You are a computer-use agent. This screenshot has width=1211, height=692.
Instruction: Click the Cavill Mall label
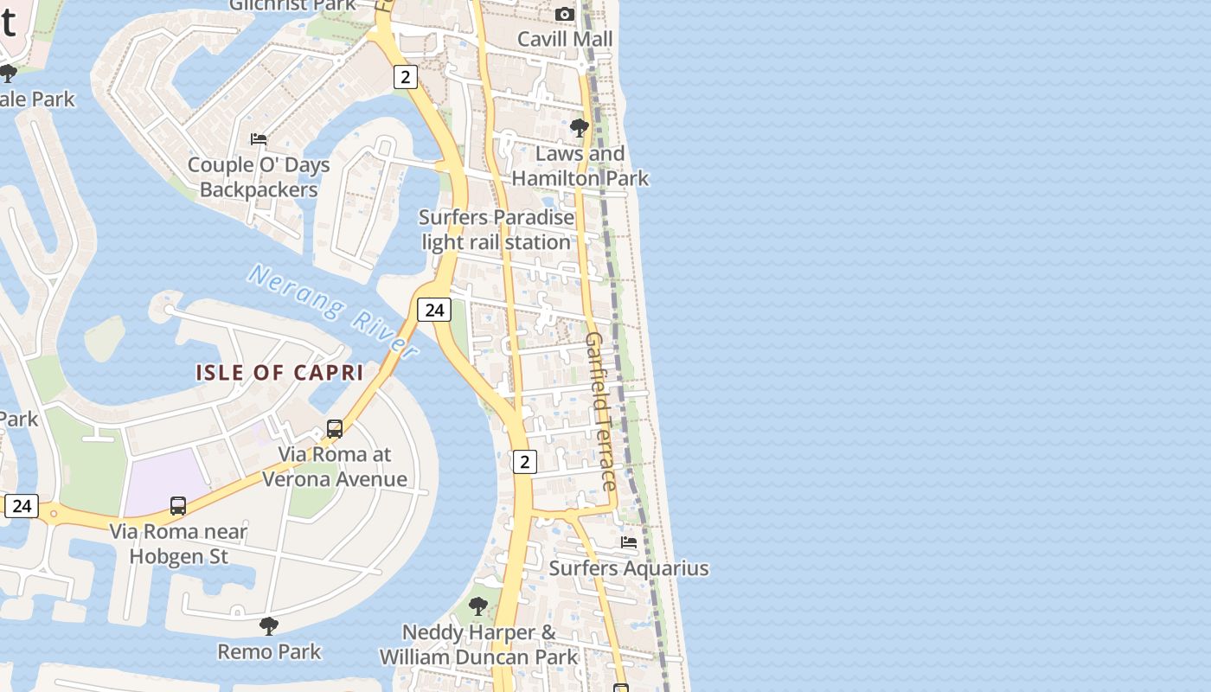coord(565,39)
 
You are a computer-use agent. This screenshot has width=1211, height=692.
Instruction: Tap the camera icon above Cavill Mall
coord(565,14)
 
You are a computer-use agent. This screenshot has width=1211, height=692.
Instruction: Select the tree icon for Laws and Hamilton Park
coord(580,128)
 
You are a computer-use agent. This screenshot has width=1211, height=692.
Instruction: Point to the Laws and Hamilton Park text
coord(580,166)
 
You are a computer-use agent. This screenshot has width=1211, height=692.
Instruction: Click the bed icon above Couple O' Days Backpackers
coord(259,138)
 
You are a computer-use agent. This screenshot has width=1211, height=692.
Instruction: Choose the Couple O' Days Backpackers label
coord(259,177)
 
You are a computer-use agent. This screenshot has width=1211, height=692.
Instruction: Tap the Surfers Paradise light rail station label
coord(497,230)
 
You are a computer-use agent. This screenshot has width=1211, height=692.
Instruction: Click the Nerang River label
coord(334,310)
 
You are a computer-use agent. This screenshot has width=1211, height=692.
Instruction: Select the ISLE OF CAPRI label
coord(279,373)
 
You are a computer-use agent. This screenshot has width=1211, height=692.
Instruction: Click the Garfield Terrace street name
coord(601,411)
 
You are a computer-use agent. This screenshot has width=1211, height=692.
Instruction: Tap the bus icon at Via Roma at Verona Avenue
coord(335,428)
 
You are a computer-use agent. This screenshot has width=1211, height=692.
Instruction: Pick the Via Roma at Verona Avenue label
coord(335,467)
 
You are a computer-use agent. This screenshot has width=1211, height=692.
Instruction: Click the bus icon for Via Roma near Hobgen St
coord(178,505)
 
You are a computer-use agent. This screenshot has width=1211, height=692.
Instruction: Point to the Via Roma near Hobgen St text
coord(178,544)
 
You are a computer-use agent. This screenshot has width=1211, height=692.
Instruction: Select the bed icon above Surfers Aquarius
coord(629,542)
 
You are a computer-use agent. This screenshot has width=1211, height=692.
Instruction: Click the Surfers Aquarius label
coord(629,568)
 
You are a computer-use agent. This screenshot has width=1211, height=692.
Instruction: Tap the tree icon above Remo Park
coord(269,625)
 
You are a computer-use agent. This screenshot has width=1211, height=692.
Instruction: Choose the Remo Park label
coord(269,651)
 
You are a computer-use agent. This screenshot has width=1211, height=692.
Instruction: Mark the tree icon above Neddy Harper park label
coord(477,606)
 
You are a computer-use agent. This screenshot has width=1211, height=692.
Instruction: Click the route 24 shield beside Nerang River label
coord(434,310)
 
